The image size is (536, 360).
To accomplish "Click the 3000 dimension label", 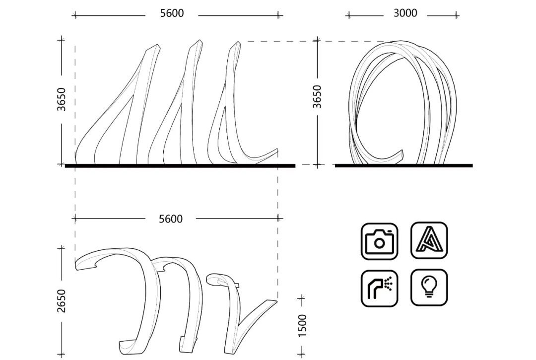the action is (405, 13).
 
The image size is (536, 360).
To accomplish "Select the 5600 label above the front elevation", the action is (172, 13).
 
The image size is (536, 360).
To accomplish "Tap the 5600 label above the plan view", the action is (171, 219).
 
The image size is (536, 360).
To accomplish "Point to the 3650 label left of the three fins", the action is (62, 99).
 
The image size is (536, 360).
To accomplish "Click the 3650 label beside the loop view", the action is (317, 97).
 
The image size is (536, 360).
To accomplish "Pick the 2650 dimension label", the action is (62, 301).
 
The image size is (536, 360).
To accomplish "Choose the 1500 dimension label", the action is (303, 326).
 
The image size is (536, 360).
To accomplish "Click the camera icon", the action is (380, 241).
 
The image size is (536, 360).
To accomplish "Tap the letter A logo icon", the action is (429, 240).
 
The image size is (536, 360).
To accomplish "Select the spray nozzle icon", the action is (380, 288).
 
